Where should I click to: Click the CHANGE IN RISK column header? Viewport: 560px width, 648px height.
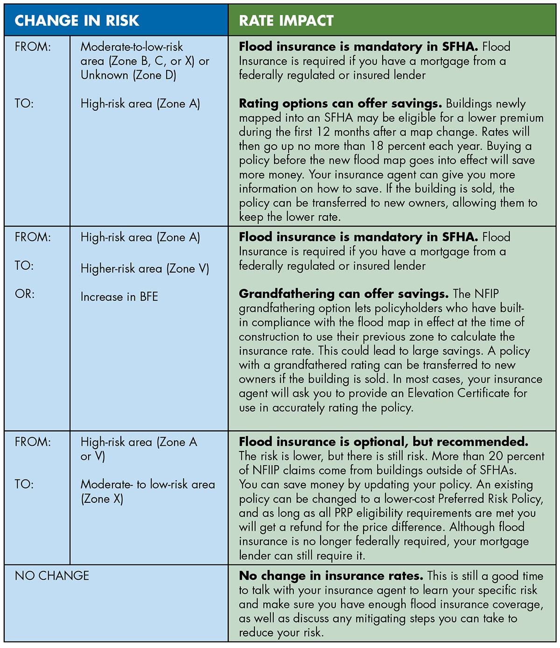(77, 21)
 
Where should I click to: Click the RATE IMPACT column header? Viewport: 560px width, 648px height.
(286, 21)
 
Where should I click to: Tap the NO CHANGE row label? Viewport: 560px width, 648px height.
(52, 576)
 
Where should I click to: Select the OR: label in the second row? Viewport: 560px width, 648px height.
(24, 294)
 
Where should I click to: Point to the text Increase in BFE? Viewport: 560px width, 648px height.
(119, 297)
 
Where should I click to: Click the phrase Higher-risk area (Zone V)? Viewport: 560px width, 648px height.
(145, 268)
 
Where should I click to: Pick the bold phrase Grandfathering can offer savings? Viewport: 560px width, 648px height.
(343, 294)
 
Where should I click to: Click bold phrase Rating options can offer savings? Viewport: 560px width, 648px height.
(340, 103)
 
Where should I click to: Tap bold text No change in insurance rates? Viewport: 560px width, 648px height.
(331, 576)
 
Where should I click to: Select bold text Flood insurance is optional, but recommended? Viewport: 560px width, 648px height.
(383, 442)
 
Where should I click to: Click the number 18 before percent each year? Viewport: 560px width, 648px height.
(377, 146)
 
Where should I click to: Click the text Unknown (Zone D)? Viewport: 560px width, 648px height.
(128, 75)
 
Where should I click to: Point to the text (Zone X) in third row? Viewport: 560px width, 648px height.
(102, 499)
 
